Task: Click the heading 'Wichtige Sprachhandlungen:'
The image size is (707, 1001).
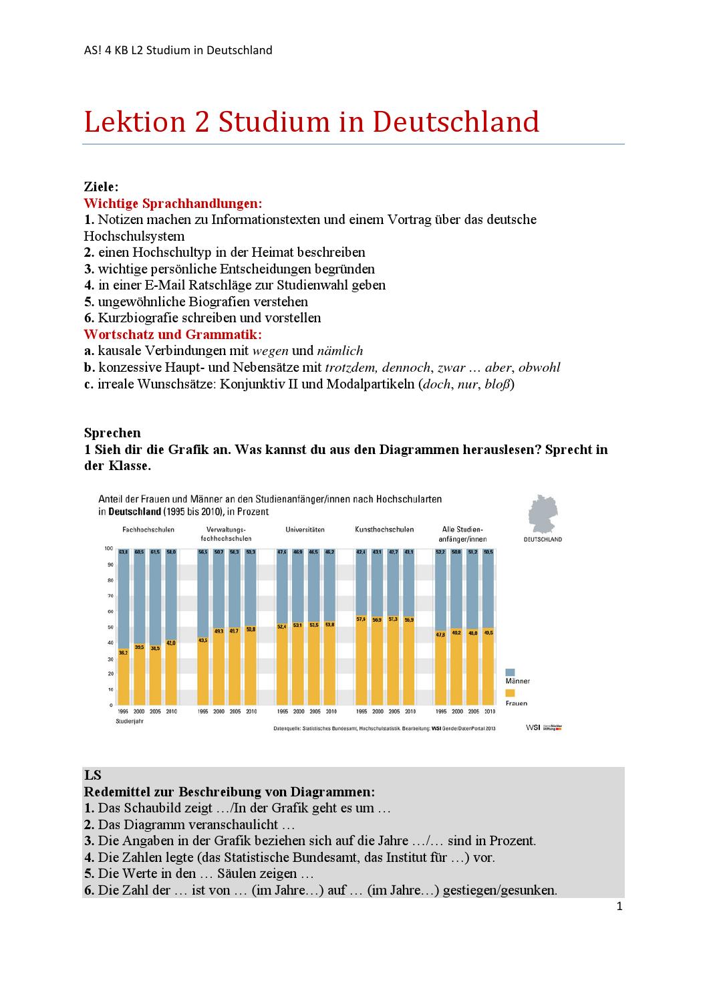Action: click(x=172, y=203)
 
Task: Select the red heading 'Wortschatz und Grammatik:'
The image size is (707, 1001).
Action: click(x=172, y=334)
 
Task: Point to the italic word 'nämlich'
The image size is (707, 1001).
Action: click(x=339, y=350)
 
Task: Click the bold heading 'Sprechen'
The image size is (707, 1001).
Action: click(x=112, y=433)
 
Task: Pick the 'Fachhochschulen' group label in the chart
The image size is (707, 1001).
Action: click(x=148, y=530)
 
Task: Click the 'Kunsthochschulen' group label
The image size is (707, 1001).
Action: click(x=384, y=530)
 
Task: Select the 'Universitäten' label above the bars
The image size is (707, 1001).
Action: click(x=305, y=530)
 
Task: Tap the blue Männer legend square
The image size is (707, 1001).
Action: click(x=510, y=671)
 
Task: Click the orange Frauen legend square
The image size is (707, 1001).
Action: click(x=510, y=693)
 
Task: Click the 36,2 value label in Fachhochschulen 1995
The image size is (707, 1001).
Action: click(x=123, y=652)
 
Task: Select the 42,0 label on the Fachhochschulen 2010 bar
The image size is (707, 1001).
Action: click(x=171, y=643)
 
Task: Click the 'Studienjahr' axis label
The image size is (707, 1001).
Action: click(x=130, y=721)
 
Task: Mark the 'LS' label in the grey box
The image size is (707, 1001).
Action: click(x=92, y=775)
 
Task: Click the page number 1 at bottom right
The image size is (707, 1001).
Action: click(x=619, y=907)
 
